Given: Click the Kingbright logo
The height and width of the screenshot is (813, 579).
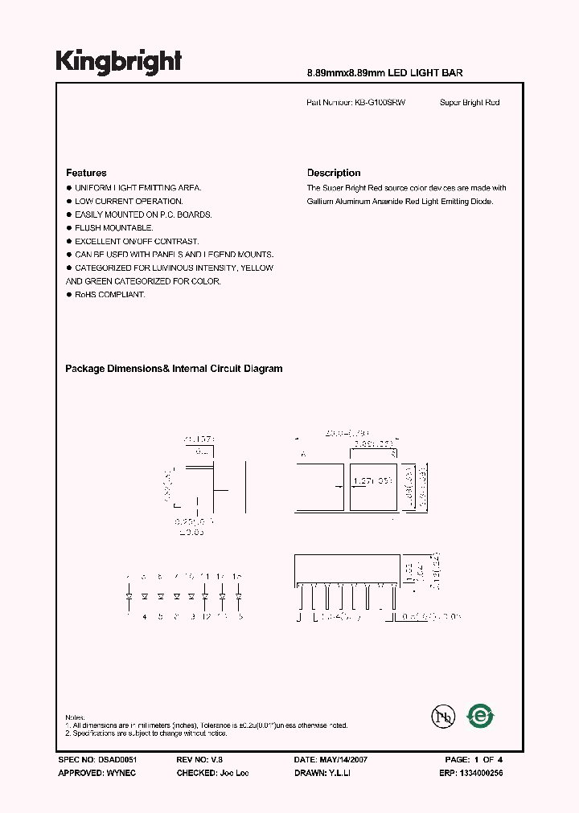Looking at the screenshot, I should point(118,61).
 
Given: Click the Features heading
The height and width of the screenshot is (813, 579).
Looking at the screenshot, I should point(86,173).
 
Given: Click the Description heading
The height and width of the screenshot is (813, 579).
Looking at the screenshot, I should point(334,173).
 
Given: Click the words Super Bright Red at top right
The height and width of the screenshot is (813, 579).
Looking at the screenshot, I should point(470,103).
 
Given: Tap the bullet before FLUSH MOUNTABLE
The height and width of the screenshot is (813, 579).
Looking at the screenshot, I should point(68,228).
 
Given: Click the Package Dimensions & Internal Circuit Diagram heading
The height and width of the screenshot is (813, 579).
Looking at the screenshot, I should point(174,369).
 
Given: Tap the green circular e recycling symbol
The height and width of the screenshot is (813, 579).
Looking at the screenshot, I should point(482,716).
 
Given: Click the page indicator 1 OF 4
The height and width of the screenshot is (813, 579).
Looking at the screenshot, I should point(487,759).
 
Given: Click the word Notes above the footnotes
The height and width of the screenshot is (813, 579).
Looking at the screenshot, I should point(75,717).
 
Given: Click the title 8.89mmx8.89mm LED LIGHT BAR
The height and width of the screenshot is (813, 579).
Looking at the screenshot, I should point(385,73).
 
